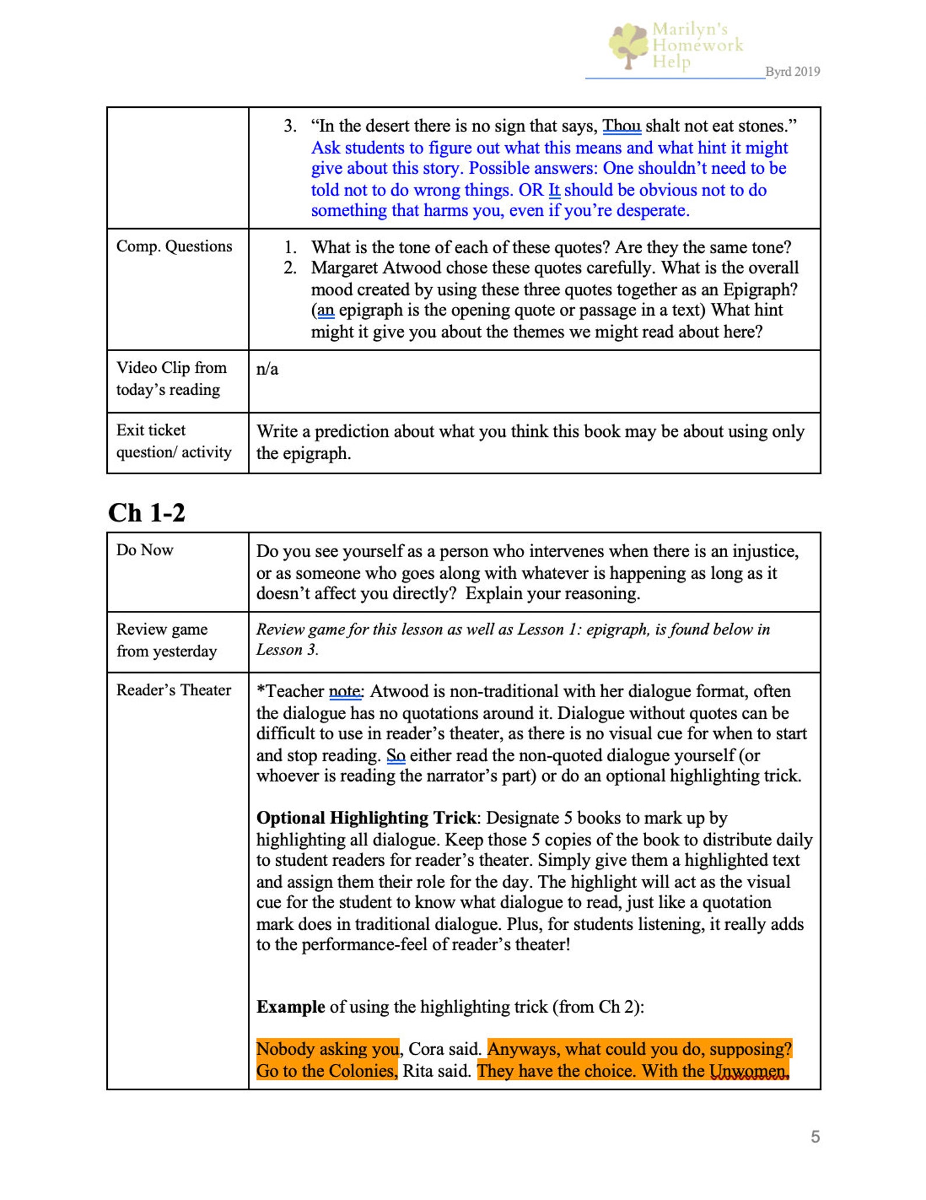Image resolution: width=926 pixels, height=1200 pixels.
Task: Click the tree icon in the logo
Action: (629, 46)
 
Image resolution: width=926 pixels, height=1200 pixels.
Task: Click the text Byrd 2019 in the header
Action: (792, 72)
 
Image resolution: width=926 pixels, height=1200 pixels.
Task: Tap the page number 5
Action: (815, 1136)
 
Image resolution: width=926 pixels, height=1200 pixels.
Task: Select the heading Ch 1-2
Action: (146, 513)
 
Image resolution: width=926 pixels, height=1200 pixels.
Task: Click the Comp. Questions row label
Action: (174, 246)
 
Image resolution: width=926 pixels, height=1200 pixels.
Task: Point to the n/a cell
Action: (267, 369)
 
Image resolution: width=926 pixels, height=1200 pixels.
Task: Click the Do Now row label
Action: (145, 550)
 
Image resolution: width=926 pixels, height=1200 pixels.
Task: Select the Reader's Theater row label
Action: (174, 690)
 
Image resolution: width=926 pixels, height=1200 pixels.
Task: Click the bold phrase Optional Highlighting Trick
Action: (366, 818)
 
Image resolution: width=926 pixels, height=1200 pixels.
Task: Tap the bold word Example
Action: (290, 1007)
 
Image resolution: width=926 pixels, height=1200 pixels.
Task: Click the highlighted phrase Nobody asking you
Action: (328, 1049)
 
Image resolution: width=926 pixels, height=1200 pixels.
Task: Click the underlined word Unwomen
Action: (748, 1071)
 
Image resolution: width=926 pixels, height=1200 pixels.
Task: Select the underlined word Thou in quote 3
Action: (621, 126)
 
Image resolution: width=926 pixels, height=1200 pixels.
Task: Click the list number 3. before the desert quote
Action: (290, 126)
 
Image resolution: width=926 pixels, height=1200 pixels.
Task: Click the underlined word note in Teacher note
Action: (345, 691)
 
